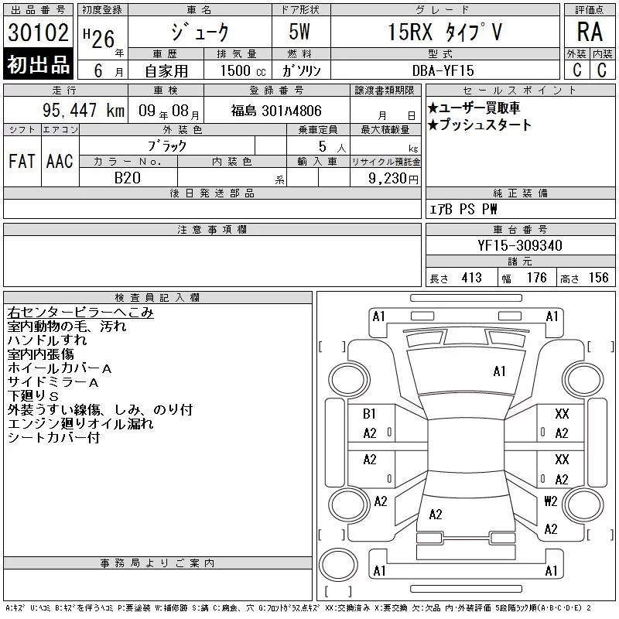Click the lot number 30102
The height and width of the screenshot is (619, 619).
point(38,32)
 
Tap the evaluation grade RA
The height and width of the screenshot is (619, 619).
point(590,32)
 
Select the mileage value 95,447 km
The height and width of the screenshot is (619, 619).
point(84,110)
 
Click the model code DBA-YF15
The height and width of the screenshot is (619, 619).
point(443,70)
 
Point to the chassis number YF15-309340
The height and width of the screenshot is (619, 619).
point(519,245)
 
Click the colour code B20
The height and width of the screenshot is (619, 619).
point(128,178)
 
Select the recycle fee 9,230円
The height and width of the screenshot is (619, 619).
point(393,179)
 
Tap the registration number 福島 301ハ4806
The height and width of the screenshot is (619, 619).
point(276,111)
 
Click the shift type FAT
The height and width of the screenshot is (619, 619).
point(22,161)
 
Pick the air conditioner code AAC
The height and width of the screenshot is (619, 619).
point(60,161)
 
